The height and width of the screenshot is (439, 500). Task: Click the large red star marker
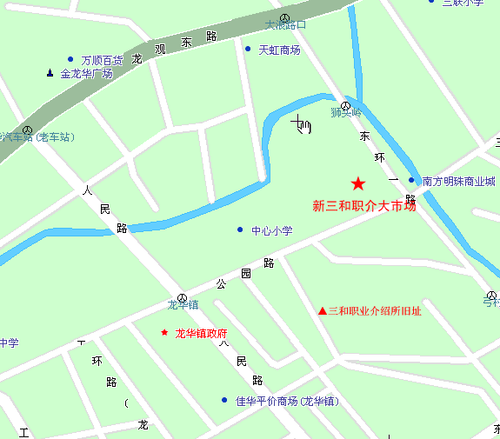click(358, 183)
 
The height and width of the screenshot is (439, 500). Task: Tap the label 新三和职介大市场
click(364, 206)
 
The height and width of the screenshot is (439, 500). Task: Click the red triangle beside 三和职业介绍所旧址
click(322, 311)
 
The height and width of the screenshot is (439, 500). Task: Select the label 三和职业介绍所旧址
click(374, 311)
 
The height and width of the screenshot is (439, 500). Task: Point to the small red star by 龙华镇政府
click(164, 332)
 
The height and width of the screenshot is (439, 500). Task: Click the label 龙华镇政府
click(201, 333)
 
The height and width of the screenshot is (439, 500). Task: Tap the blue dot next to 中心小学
click(240, 229)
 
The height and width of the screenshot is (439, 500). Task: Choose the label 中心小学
click(272, 230)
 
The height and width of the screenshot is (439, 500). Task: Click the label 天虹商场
click(279, 50)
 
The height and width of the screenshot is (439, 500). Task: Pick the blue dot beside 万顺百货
click(70, 60)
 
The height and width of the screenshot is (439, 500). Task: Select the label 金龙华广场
click(86, 74)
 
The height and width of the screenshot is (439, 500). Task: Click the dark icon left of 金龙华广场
click(50, 73)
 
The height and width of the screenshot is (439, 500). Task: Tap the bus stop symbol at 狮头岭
click(345, 105)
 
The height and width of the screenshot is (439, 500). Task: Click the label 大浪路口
click(285, 25)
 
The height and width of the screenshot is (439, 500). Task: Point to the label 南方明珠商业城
click(458, 182)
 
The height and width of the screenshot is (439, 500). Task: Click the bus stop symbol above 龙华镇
click(182, 296)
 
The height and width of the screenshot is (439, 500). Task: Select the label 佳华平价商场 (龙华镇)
click(286, 402)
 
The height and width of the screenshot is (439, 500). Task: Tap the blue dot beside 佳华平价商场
click(225, 401)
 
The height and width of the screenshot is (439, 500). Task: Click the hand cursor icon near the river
click(302, 124)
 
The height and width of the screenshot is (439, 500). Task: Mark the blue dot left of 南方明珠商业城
click(411, 181)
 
